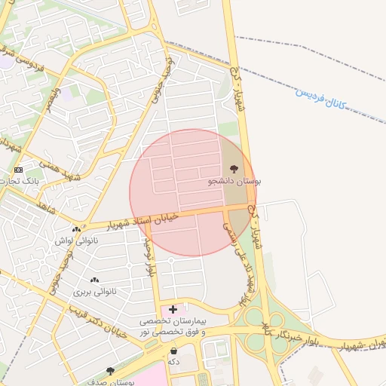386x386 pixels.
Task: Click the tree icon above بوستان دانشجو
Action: (231, 168)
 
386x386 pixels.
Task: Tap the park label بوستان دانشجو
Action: (234, 182)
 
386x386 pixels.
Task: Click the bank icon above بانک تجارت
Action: (18, 170)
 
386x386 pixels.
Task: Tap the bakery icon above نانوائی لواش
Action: (75, 229)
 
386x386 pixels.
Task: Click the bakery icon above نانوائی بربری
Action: (93, 280)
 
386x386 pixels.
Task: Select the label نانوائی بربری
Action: (92, 291)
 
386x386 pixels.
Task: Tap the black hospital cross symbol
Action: (173, 309)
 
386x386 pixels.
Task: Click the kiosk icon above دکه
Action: (174, 351)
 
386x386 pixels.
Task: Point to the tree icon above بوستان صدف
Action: (111, 371)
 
